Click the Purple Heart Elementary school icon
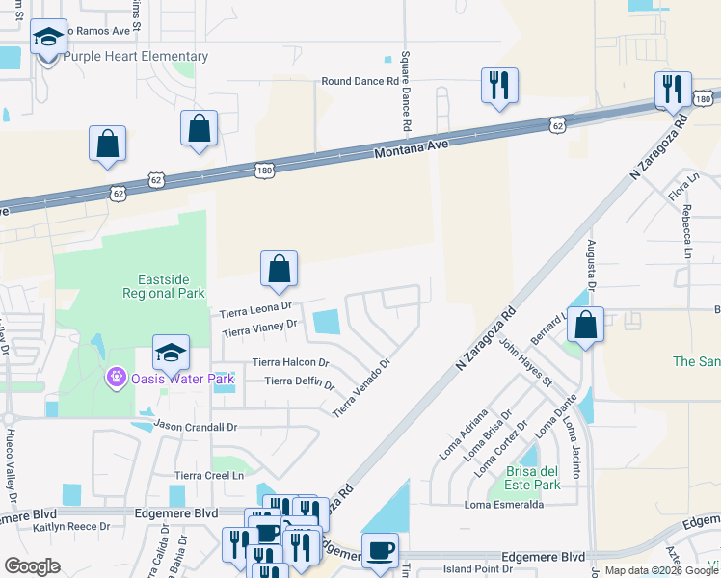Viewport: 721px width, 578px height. pyautogui.click(x=48, y=39)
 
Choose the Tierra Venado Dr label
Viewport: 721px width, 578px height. pyautogui.click(x=361, y=388)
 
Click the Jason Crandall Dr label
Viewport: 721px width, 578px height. pyautogui.click(x=196, y=426)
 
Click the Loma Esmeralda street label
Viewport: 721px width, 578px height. pyautogui.click(x=504, y=505)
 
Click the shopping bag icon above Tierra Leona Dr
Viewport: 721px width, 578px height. pyautogui.click(x=279, y=270)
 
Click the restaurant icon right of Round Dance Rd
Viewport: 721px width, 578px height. pyautogui.click(x=499, y=86)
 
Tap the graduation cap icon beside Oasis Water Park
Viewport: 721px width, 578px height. pyautogui.click(x=171, y=354)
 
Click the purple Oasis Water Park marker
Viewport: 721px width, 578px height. pyautogui.click(x=117, y=376)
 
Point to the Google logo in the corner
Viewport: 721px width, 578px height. pyautogui.click(x=33, y=566)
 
